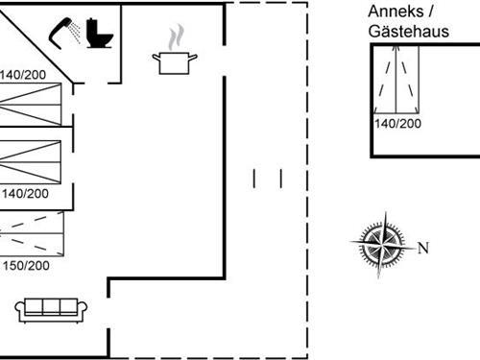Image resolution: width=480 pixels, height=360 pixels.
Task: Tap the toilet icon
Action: point(98,34)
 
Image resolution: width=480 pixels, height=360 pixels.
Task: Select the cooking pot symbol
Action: point(175,62)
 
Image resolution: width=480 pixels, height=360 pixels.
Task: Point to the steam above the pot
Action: point(174,39)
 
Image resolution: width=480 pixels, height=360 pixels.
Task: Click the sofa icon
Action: point(52,308)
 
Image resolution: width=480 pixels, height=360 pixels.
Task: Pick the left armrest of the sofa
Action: point(20,308)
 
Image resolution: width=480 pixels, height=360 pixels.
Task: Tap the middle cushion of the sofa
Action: point(52,307)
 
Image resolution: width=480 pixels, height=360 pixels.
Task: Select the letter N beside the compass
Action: point(422,248)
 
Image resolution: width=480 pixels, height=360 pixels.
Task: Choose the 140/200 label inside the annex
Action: point(396,123)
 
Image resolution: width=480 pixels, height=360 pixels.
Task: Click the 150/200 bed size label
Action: point(26,266)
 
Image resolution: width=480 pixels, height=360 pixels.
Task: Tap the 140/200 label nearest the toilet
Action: point(24,75)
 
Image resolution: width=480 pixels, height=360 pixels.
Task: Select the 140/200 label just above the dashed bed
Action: point(26,194)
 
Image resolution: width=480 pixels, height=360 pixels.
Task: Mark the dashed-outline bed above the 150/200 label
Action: point(31,230)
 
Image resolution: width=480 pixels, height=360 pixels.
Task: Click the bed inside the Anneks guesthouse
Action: point(397,82)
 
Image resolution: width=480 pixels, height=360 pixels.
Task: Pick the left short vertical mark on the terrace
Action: point(254,179)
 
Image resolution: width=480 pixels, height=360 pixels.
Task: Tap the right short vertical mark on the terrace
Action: point(280,179)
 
